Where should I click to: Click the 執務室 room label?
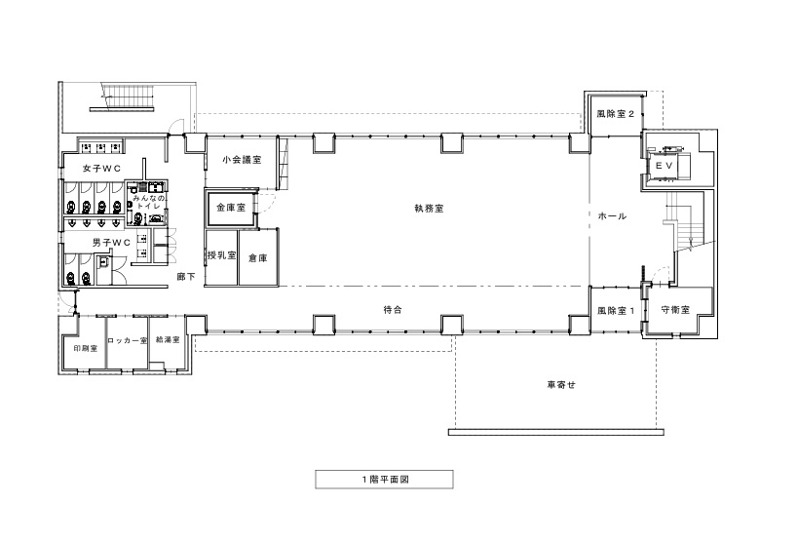[x=429, y=209]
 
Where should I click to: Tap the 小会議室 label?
[x=242, y=160]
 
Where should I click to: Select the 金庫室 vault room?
[x=231, y=208]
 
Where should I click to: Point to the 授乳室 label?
[x=221, y=255]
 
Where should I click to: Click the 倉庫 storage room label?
[x=257, y=258]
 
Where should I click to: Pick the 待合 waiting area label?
[x=393, y=310]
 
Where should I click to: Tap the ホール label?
[x=612, y=216]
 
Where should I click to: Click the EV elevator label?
[x=665, y=166]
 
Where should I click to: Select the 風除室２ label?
[x=616, y=114]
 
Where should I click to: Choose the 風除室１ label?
[x=616, y=310]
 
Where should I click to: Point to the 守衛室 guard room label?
[x=675, y=310]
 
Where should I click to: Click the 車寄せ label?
[x=561, y=385]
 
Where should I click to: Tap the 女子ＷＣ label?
[x=101, y=169]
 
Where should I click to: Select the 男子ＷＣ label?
[x=111, y=243]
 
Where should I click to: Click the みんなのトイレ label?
[x=149, y=202]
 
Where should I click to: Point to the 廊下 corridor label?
[x=186, y=277]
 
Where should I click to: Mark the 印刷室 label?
[x=86, y=349]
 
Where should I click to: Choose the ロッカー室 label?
[x=128, y=341]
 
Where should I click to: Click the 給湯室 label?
[x=168, y=340]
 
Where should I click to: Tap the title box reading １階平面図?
[x=384, y=480]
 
